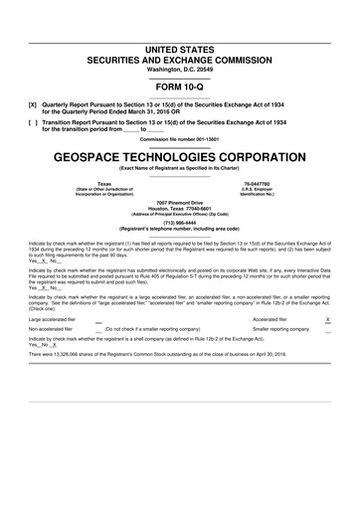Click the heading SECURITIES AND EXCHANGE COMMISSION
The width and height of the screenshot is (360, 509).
pos(179,59)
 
